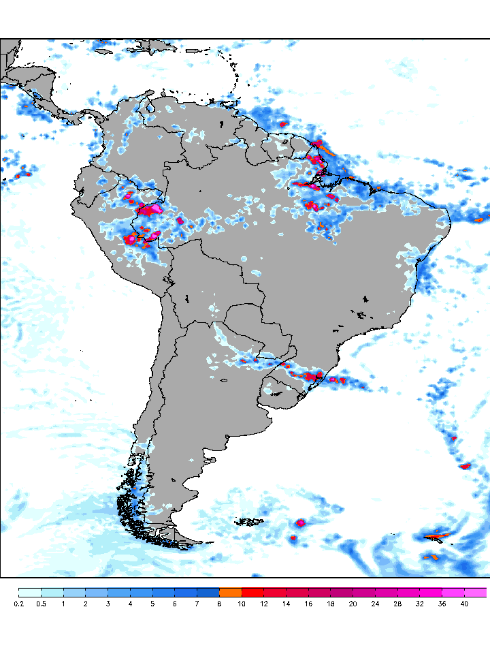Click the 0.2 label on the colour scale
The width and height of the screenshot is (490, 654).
pyautogui.click(x=18, y=604)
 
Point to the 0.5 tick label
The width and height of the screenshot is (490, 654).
pyautogui.click(x=41, y=604)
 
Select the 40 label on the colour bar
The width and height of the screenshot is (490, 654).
pyautogui.click(x=464, y=604)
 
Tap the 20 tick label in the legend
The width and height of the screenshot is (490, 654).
pyautogui.click(x=353, y=604)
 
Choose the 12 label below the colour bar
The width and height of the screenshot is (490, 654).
pyautogui.click(x=264, y=604)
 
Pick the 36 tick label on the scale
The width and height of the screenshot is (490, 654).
pyautogui.click(x=442, y=604)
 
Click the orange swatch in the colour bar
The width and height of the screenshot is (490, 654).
pyautogui.click(x=231, y=592)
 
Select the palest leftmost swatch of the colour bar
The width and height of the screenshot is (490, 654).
pyautogui.click(x=30, y=592)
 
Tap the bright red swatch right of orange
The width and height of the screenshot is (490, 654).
pyautogui.click(x=253, y=592)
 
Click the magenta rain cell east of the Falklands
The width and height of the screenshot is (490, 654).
pyautogui.click(x=300, y=523)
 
